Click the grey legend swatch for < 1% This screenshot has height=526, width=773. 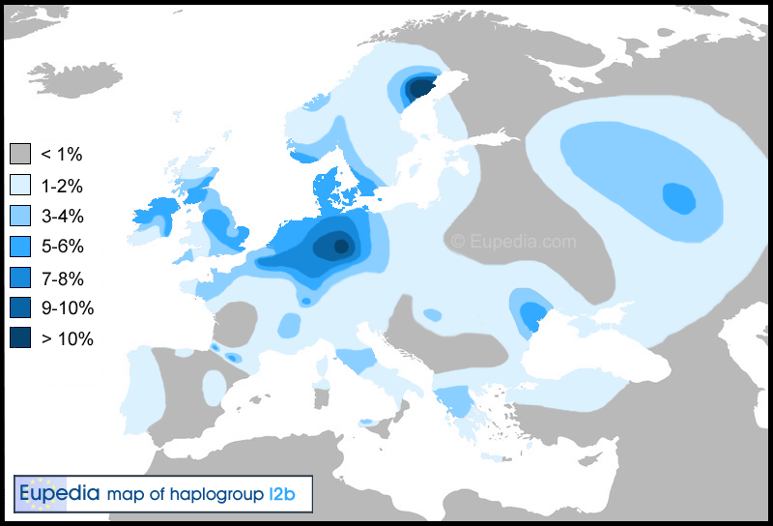[x=20, y=154]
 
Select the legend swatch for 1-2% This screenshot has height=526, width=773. [x=20, y=185]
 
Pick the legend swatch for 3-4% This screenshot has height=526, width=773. [x=20, y=216]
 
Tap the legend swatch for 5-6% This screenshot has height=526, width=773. [x=20, y=247]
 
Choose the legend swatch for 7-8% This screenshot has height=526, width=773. [x=20, y=278]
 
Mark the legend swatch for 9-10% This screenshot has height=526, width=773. [x=20, y=308]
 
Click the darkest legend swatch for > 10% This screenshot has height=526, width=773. [x=20, y=339]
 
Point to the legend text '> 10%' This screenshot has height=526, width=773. [x=68, y=339]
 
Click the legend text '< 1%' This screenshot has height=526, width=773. [x=64, y=154]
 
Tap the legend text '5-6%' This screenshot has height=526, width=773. [x=62, y=247]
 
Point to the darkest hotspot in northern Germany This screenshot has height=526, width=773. [x=339, y=246]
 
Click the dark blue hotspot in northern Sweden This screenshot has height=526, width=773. [x=420, y=88]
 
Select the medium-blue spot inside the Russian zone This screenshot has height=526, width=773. [x=678, y=198]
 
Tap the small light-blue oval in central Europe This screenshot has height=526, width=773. [x=432, y=315]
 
